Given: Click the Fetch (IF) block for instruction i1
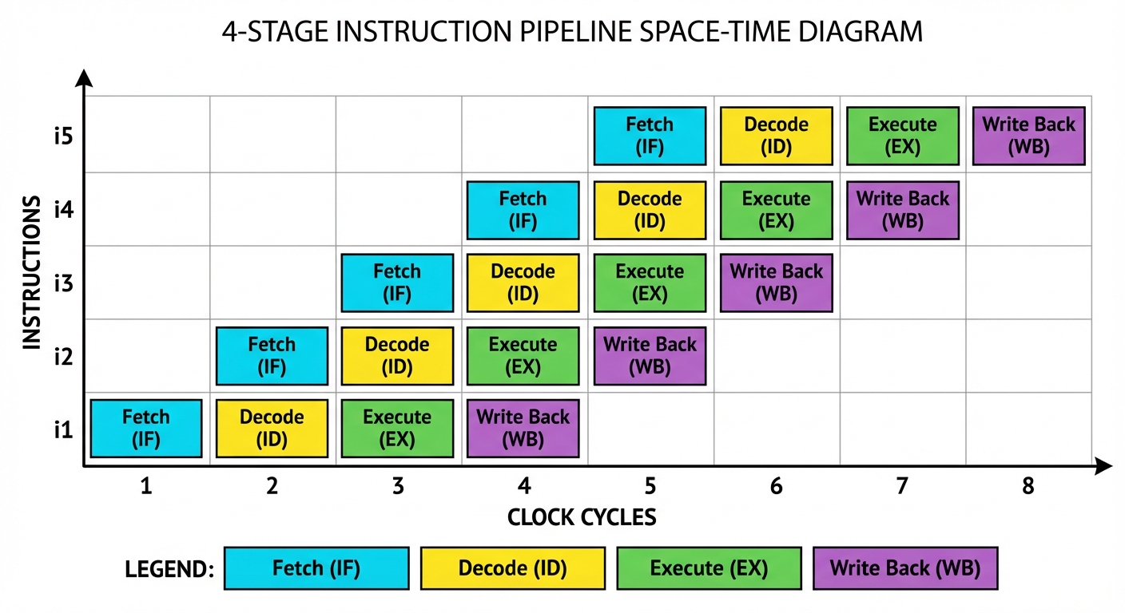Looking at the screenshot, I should [x=145, y=428].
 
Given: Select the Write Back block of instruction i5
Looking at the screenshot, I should [x=1028, y=136].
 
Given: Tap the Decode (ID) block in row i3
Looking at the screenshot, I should [x=523, y=283].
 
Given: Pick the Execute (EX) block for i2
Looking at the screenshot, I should [x=523, y=356].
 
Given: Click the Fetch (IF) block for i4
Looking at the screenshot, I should [x=523, y=210].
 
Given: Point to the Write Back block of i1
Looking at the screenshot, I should [x=523, y=428].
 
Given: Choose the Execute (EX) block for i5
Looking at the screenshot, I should [x=902, y=136].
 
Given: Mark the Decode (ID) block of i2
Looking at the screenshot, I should [x=397, y=356].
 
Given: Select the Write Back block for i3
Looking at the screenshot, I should [x=776, y=283].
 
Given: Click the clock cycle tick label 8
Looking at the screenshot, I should [x=1028, y=485].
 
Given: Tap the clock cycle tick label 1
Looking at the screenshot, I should [x=145, y=485].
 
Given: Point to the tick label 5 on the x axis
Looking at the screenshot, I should [x=650, y=485].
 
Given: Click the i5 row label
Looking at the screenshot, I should [x=63, y=136].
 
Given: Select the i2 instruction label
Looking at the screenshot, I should [x=63, y=357].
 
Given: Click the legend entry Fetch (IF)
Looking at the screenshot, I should [x=316, y=568].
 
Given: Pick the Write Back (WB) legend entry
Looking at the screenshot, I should [x=905, y=568].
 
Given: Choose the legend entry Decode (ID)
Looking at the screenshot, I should [x=512, y=568].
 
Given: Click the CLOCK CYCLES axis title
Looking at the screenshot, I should [x=582, y=517].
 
